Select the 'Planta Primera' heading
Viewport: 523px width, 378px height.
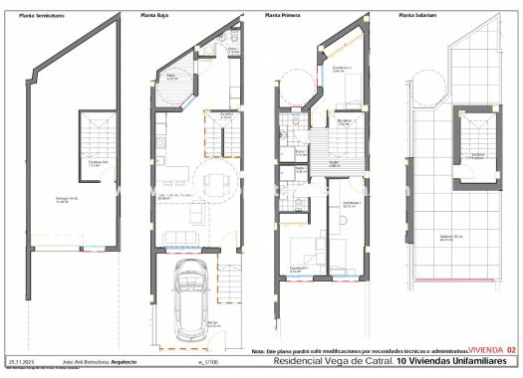[285, 16]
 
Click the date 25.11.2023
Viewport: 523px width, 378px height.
[21, 361]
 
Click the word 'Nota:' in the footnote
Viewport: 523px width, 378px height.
[259, 351]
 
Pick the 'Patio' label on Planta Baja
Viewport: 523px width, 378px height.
[170, 78]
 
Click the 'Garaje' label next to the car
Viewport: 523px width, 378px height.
[213, 323]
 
